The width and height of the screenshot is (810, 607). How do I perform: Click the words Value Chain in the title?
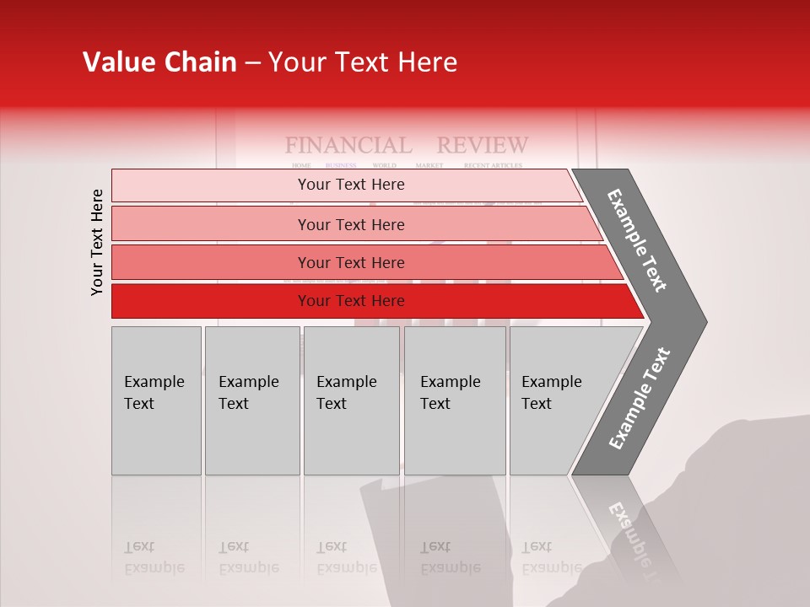[159, 62]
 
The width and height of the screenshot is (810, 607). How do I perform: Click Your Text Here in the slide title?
[363, 62]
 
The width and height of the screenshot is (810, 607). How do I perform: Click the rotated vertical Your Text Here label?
[97, 242]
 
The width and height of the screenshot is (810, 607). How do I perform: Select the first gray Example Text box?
[156, 400]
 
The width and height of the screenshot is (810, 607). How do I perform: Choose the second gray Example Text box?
[251, 400]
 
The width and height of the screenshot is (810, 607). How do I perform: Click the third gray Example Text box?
[351, 400]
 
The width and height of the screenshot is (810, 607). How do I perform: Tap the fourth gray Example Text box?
[454, 400]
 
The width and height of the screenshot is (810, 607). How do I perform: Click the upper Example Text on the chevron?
[638, 240]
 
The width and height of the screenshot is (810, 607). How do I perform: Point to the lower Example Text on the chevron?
[640, 398]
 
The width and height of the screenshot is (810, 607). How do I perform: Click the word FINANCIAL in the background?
[348, 145]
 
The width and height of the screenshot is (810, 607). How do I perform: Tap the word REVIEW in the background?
[483, 145]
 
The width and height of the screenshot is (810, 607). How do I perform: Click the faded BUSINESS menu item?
[341, 165]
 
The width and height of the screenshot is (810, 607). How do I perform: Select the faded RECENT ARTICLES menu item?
[493, 165]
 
